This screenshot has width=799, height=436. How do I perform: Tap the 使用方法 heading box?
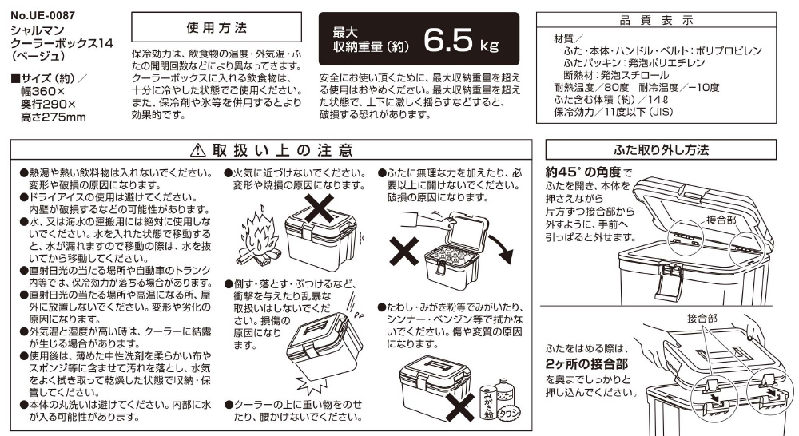click(217, 27)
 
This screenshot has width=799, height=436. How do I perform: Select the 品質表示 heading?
click(656, 20)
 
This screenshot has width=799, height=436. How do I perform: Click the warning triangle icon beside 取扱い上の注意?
click(197, 150)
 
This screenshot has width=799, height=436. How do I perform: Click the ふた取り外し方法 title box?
click(661, 150)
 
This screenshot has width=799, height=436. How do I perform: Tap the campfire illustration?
click(259, 237)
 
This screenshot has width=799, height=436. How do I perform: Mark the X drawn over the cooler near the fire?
click(317, 209)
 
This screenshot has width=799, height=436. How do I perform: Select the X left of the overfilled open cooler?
click(404, 250)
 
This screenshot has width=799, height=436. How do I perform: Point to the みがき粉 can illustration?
click(487, 402)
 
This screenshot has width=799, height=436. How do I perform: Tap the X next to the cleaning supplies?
click(460, 406)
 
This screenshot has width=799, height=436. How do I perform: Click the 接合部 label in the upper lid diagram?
click(721, 220)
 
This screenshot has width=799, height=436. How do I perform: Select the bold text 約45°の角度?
click(583, 172)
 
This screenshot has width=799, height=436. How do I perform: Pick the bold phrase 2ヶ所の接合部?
click(586, 363)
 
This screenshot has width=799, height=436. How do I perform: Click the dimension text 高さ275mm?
click(54, 117)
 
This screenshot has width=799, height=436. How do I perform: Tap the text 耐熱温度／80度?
click(591, 88)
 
